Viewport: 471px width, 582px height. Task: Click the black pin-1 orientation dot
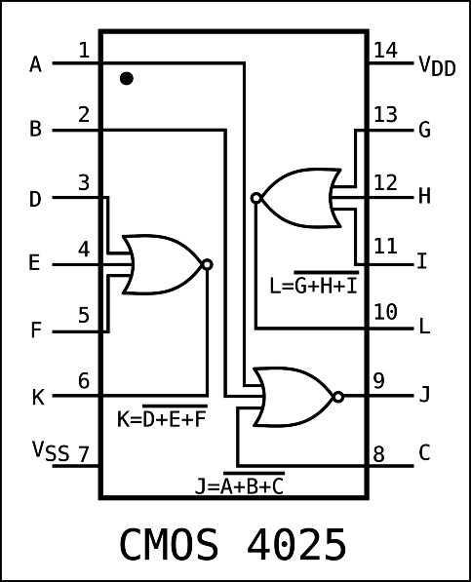click(x=127, y=78)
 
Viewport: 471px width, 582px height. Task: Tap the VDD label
click(x=436, y=66)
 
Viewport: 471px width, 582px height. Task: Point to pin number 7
click(x=84, y=453)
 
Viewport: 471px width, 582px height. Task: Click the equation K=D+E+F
click(x=162, y=420)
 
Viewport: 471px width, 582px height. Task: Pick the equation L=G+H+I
click(x=313, y=287)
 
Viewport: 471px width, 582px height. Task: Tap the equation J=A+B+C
click(x=239, y=485)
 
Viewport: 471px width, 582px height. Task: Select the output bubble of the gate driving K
click(x=206, y=264)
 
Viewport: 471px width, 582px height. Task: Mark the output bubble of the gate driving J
click(x=337, y=397)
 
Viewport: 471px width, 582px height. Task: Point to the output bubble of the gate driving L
click(x=256, y=198)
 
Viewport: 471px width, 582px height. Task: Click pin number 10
click(x=385, y=312)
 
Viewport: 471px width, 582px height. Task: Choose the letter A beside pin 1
click(x=36, y=65)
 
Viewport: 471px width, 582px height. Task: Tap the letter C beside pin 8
click(x=424, y=452)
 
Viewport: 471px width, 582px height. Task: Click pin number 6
click(x=84, y=381)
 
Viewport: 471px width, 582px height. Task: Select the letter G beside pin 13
click(x=423, y=131)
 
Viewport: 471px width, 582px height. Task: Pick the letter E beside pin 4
click(x=35, y=264)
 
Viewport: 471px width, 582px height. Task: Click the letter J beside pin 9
click(x=423, y=397)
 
